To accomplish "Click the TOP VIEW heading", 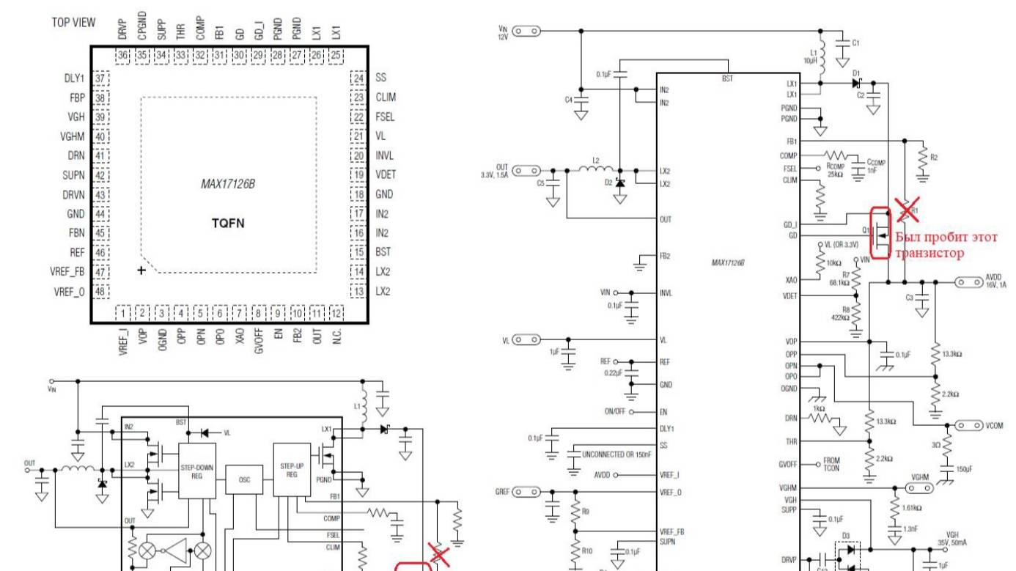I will click(73, 23).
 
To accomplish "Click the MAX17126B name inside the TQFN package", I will click(228, 185).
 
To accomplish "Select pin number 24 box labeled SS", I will click(358, 78).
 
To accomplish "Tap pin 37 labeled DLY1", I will click(100, 78).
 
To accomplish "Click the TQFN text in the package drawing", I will click(228, 224).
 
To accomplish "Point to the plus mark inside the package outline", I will click(141, 270).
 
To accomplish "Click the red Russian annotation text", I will click(946, 244).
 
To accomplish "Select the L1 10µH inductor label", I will click(814, 56).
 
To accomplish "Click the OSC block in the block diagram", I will click(245, 479).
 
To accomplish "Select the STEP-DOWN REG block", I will click(197, 471).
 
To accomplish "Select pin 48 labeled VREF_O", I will click(100, 291).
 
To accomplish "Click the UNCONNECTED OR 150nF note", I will click(616, 455).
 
